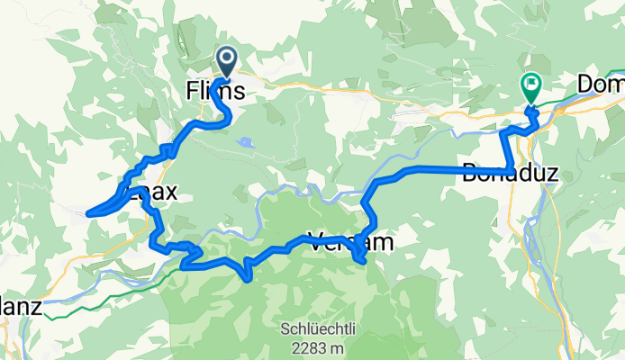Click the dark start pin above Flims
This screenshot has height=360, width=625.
coord(225,61)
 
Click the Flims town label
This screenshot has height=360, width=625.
coord(214,91)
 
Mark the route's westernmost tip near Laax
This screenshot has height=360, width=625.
coord(88,214)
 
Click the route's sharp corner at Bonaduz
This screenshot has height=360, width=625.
coord(512,172)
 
